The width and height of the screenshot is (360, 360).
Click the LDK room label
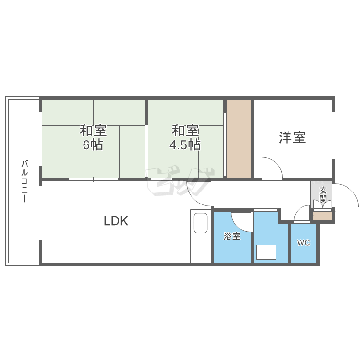(116, 221)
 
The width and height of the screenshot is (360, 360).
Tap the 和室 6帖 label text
(93, 137)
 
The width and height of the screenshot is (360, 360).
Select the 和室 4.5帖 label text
(185, 137)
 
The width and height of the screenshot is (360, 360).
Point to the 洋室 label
(292, 138)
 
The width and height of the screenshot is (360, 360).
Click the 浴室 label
(232, 237)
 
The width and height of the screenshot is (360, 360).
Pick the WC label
(303, 243)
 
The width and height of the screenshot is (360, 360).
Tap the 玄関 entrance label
(323, 194)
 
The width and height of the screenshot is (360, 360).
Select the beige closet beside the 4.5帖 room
(239, 138)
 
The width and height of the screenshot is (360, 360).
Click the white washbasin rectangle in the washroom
(265, 252)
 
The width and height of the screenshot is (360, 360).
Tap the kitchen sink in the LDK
(200, 223)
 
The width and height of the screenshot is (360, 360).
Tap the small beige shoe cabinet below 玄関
(322, 216)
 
